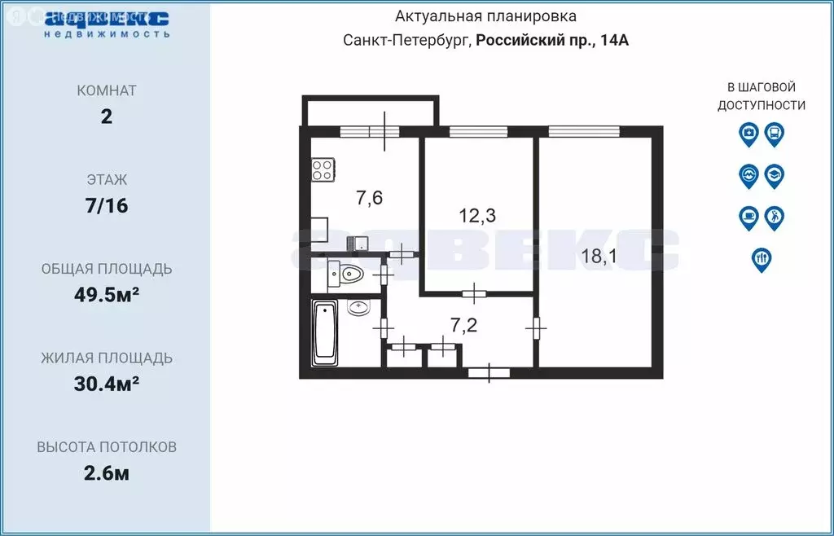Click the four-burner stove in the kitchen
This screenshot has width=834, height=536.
(x=323, y=169)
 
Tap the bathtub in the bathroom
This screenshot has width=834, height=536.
(x=325, y=333)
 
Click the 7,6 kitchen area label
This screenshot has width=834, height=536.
(x=370, y=198)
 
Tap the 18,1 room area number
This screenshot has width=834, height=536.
(x=599, y=257)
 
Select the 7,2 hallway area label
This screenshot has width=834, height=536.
(x=463, y=325)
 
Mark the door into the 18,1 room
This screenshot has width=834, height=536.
(x=536, y=328)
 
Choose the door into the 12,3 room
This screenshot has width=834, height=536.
(x=475, y=293)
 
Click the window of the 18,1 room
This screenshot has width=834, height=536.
(x=584, y=131)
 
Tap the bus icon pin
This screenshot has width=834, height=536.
(x=775, y=134)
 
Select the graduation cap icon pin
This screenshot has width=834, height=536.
(x=775, y=177)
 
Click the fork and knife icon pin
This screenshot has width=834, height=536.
(x=762, y=261)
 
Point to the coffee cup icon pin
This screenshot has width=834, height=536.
(x=749, y=218)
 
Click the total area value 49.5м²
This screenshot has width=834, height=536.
(x=107, y=293)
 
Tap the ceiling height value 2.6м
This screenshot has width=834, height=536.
(x=107, y=472)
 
